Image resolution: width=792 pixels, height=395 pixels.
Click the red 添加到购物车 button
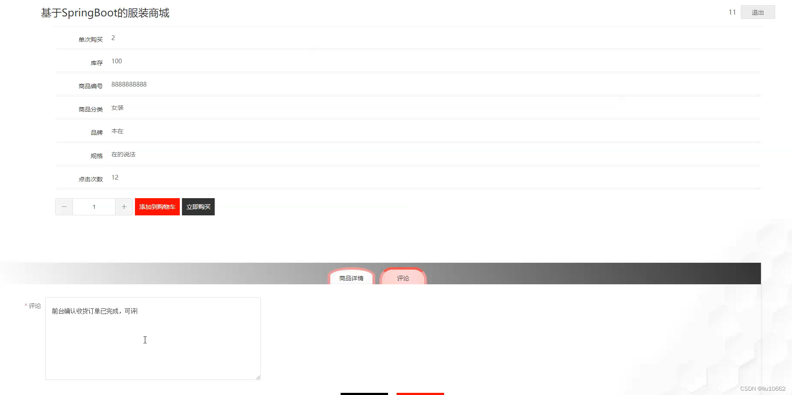[x=157, y=207]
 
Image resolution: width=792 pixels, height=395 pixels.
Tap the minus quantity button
[x=64, y=207]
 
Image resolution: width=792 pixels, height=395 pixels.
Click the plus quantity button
[x=124, y=207]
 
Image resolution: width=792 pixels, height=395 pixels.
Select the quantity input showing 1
[x=94, y=207]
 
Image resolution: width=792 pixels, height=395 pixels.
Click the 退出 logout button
[x=758, y=12]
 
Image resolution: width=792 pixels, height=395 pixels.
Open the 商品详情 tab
[x=351, y=278]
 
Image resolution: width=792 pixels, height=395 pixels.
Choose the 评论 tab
[x=403, y=278]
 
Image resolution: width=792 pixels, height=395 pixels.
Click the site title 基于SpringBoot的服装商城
[x=105, y=13]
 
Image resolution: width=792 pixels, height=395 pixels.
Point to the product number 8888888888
[x=129, y=84]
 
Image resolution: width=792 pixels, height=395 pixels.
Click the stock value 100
[x=116, y=61]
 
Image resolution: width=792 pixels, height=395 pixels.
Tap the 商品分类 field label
[x=91, y=109]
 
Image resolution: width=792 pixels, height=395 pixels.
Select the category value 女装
[x=117, y=108]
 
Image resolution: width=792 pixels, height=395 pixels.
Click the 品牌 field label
[x=97, y=133]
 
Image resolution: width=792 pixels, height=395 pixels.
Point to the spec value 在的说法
[x=123, y=154]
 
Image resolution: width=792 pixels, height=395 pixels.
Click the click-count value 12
[x=115, y=177]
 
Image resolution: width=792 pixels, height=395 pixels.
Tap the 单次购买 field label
[x=91, y=40]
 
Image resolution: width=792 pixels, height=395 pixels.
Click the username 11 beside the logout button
[x=732, y=12]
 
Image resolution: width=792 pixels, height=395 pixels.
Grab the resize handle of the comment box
[x=258, y=377]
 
